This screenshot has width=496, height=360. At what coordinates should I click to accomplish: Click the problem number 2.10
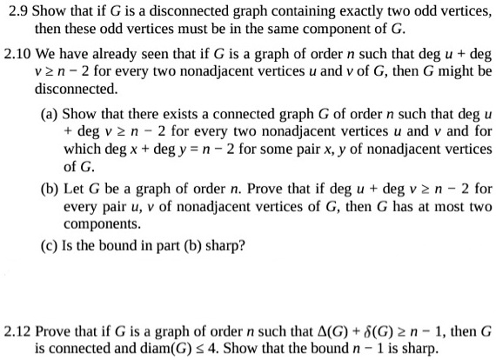click(x=17, y=52)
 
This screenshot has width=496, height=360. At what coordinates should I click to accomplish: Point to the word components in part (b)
click(x=98, y=223)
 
